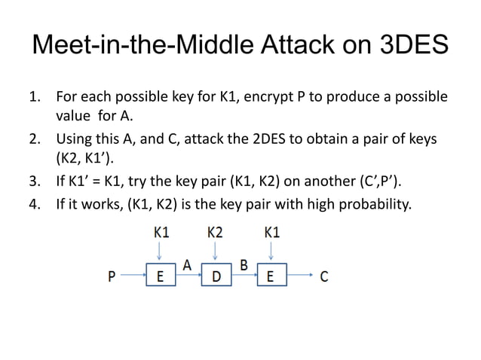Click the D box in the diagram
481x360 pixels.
[x=216, y=276]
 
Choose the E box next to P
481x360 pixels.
[x=160, y=276]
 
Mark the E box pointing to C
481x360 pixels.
[x=271, y=276]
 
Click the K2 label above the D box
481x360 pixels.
[x=216, y=233]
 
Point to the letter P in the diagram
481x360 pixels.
[x=112, y=276]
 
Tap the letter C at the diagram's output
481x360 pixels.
[x=323, y=276]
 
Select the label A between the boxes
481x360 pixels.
[x=187, y=264]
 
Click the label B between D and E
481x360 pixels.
[x=244, y=264]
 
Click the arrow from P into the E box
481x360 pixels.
[x=131, y=276]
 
